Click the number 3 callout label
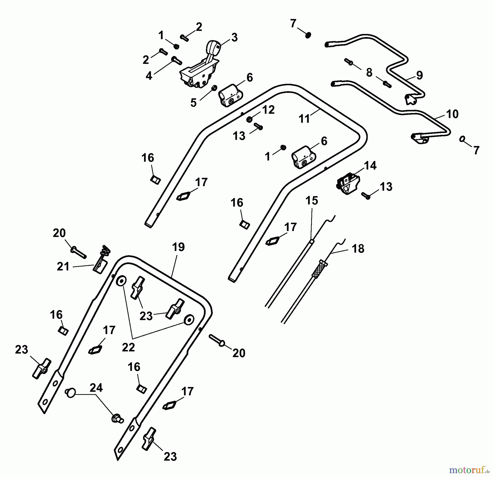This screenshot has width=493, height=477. tap(234, 37)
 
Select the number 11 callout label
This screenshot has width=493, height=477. tap(304, 119)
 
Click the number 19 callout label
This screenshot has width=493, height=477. tap(178, 247)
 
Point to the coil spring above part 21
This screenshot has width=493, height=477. tap(106, 249)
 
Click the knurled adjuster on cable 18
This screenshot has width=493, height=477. tap(320, 269)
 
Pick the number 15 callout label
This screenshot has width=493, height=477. tap(312, 201)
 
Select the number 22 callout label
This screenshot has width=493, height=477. tap(128, 348)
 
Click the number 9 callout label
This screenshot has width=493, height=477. tap(419, 75)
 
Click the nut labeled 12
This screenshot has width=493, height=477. tap(249, 120)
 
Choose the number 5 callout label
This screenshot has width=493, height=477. tap(193, 103)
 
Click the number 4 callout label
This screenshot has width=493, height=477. tap(149, 76)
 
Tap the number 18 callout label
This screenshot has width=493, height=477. tap(358, 249)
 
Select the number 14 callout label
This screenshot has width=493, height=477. tap(370, 166)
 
